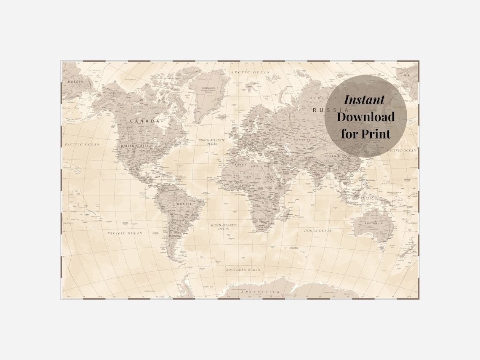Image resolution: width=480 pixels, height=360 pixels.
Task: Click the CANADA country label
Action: coord(144,121)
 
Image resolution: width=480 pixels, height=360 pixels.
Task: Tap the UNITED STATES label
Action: coord(135,146)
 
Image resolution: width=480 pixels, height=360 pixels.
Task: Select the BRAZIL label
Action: coord(185,203)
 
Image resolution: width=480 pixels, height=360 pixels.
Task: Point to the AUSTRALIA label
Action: coord(374,223)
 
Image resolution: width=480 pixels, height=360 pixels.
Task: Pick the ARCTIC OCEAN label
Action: coord(250,72)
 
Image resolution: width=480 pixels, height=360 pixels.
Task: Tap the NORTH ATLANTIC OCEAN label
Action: coord(212,141)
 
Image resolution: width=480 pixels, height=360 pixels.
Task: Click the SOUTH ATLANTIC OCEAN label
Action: coord(224,227)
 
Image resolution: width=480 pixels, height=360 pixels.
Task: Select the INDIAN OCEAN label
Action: coord(318,231)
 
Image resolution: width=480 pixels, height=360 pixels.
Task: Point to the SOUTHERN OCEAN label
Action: coord(243,269)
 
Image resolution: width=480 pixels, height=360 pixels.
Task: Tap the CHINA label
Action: coord(332,156)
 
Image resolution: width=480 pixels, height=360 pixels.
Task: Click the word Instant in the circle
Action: coord(364,100)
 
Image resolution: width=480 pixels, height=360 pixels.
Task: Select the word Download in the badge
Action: coord(365,117)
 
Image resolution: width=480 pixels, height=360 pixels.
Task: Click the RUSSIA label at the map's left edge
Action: coord(75,81)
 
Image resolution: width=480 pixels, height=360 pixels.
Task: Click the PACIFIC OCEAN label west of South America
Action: coord(125,233)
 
